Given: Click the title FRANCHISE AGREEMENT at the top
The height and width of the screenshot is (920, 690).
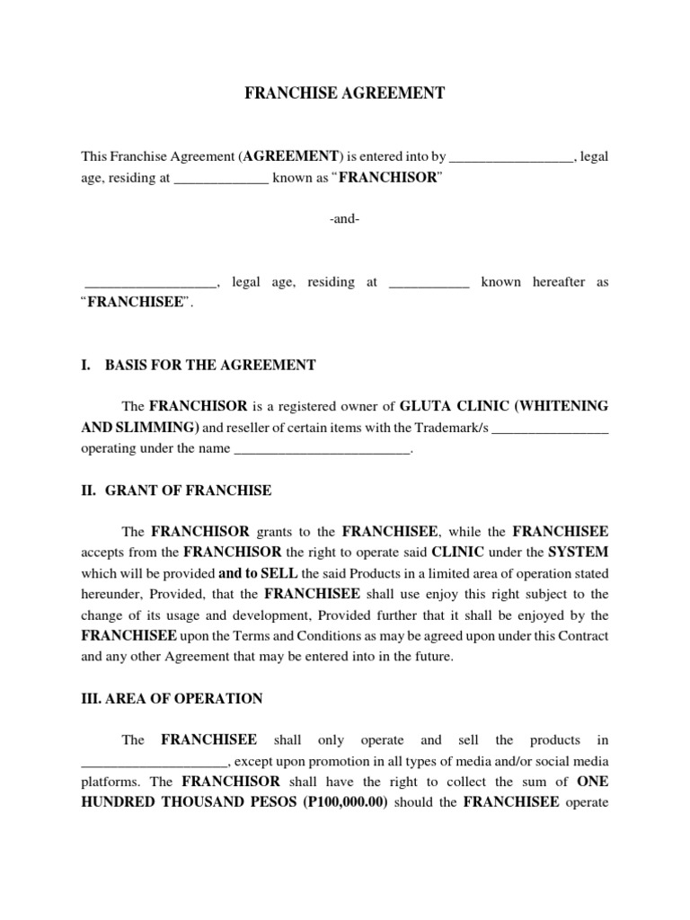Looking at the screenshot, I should (x=345, y=93).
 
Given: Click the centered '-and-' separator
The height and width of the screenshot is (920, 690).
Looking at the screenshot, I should (x=345, y=220).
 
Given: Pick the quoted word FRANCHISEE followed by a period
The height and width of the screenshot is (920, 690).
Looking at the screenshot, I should (x=136, y=304).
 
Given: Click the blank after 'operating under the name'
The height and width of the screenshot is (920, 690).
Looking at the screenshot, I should (x=321, y=450).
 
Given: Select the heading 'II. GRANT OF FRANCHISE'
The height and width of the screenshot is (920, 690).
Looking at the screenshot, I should (x=176, y=491).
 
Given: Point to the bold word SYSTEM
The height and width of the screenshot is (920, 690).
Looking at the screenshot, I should (x=578, y=551).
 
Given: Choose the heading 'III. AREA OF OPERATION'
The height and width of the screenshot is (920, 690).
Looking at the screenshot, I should (x=172, y=698).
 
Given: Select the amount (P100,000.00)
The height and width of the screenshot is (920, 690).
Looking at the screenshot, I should (x=333, y=802).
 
